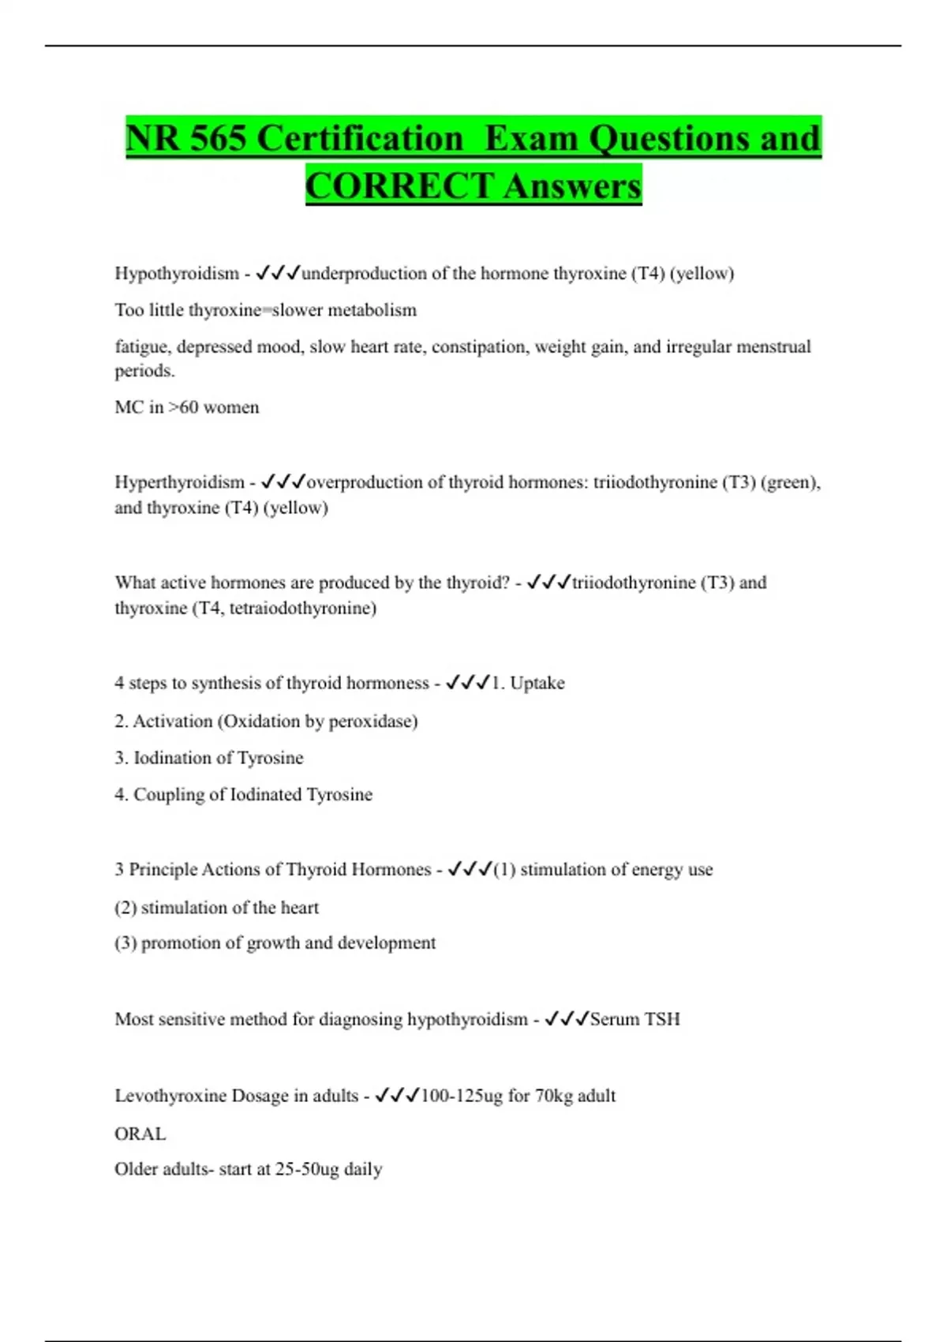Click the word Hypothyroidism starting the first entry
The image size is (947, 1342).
[177, 273]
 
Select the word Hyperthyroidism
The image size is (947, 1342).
[180, 482]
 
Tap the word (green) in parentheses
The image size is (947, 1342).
[790, 482]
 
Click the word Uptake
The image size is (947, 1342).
[537, 683]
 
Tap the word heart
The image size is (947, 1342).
[300, 907]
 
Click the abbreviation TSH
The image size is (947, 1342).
[662, 1019]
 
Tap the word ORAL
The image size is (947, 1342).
[140, 1134]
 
